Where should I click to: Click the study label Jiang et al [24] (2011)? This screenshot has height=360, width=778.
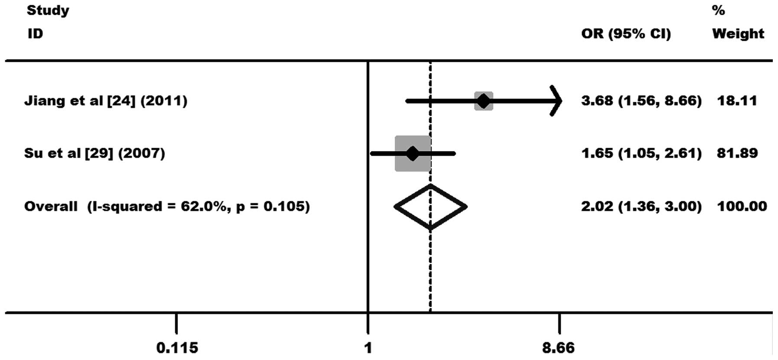(106, 101)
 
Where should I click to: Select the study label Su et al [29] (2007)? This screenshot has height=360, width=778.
(94, 153)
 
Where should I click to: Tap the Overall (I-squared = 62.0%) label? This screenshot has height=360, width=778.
(167, 206)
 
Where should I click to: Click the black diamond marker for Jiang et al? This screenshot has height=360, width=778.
(483, 101)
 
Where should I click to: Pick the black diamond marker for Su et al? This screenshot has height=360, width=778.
(412, 153)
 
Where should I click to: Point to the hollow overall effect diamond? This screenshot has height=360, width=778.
(430, 207)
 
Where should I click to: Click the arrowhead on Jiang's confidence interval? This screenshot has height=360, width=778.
(557, 101)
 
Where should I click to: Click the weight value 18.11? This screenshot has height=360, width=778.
(737, 101)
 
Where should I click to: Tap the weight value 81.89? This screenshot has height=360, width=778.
(737, 153)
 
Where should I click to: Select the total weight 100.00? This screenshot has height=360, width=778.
(742, 206)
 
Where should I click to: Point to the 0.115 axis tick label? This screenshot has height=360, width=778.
(177, 347)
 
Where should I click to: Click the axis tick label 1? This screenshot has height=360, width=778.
(368, 347)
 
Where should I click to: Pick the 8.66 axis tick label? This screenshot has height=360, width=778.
(558, 347)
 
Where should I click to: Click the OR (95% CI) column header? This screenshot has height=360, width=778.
(626, 34)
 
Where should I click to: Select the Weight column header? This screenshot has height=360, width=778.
(738, 34)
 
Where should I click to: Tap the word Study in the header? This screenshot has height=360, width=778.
(48, 10)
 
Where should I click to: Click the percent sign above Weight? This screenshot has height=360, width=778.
(718, 10)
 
